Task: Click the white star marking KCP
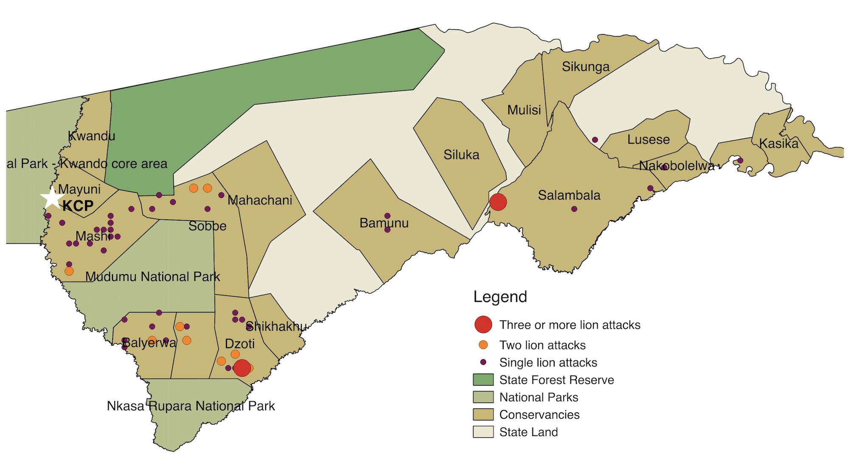pos(52,198)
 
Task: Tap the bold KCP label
pos(78,206)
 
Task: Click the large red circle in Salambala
pos(498,202)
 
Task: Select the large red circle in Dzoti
pos(242,368)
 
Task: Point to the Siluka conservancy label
pos(461,155)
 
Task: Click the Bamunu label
pos(384,223)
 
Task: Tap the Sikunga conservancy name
pos(585,67)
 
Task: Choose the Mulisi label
pos(524,110)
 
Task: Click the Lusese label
pos(648,140)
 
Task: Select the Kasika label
pos(779,144)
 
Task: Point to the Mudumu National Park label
pos(153,277)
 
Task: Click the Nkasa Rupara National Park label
pos(191,406)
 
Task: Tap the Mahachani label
pos(260,200)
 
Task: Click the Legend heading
pos(500,297)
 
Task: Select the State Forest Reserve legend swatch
pos(483,380)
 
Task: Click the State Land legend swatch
pos(483,432)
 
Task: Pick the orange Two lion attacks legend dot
pos(483,345)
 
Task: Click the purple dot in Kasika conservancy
pos(740,161)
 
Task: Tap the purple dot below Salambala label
pos(574,209)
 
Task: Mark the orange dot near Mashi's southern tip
pos(69,271)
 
